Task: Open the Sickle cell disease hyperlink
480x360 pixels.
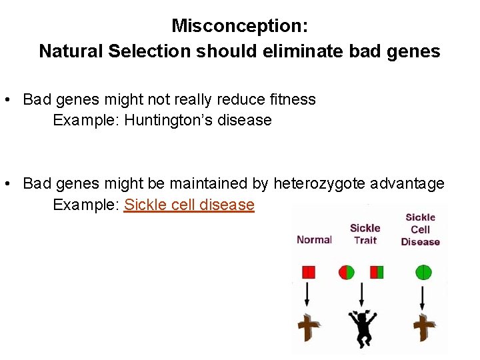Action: click(189, 205)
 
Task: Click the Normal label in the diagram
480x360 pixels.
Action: click(314, 240)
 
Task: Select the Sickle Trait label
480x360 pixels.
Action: click(365, 234)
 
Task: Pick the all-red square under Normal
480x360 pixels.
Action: click(308, 272)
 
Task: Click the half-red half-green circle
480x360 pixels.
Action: click(347, 272)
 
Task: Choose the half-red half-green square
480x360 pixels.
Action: click(377, 272)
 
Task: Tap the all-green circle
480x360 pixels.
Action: click(423, 272)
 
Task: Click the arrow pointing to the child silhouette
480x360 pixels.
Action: click(362, 295)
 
